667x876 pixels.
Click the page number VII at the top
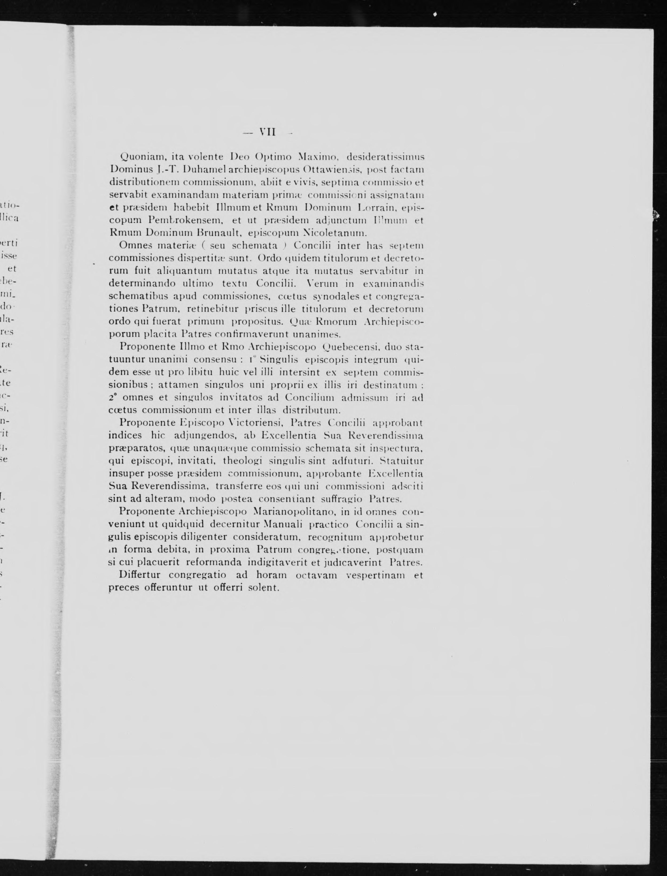click(x=267, y=132)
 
